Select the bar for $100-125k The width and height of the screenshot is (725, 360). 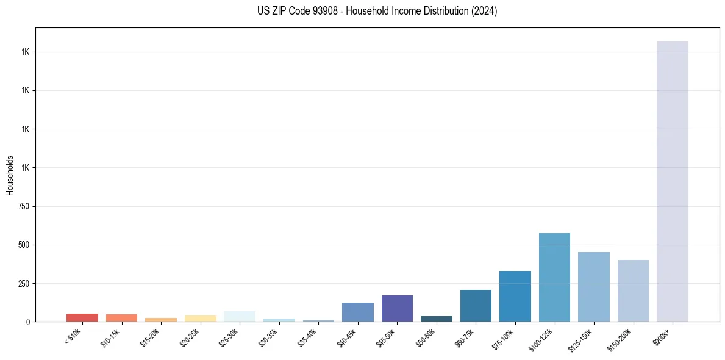(x=554, y=277)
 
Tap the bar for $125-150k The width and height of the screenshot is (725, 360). (x=593, y=287)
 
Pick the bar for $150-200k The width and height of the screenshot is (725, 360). (x=633, y=290)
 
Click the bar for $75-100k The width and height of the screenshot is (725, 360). (x=515, y=296)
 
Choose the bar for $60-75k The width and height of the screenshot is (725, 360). (x=476, y=306)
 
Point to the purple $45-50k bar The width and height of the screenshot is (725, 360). (x=397, y=308)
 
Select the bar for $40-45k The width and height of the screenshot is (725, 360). (x=358, y=312)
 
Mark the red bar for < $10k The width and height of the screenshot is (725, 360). (x=82, y=317)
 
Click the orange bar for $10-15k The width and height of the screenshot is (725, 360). (x=121, y=318)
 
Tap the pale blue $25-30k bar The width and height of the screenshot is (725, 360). (x=240, y=316)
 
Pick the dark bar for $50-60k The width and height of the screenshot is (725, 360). (x=437, y=319)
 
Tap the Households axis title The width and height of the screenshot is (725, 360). (x=10, y=175)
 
